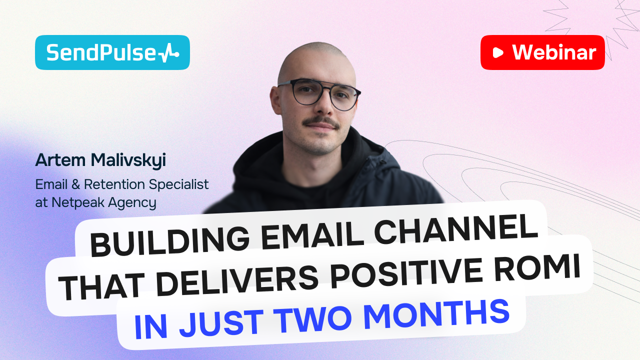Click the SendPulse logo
point(112,52)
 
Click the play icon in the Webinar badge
point(498,52)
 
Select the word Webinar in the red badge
point(554,52)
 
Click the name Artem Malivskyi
point(100,160)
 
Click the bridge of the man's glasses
point(320,90)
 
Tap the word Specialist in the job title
point(179,184)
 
